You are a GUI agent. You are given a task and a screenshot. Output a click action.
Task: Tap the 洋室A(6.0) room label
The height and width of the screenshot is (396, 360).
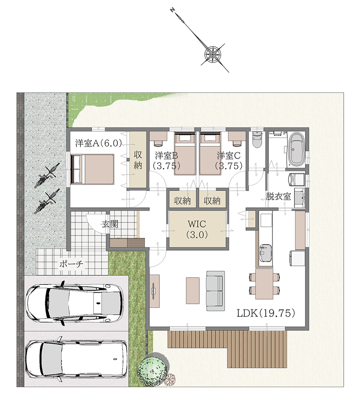point(99,143)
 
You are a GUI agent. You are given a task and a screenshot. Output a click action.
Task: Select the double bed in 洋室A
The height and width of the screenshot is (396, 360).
point(93,169)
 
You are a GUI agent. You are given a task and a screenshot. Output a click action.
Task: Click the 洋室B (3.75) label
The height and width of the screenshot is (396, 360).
point(167,160)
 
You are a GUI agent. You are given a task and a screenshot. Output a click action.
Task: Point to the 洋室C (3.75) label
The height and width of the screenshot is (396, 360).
point(229,160)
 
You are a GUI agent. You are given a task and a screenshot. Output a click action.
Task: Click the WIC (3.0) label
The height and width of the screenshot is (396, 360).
point(197,229)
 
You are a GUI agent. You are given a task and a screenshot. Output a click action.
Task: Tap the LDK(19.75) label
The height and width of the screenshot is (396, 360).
point(266,314)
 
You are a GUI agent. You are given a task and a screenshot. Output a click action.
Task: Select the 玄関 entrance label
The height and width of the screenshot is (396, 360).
point(110,224)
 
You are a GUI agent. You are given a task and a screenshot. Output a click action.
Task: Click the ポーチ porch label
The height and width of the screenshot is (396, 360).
point(71,265)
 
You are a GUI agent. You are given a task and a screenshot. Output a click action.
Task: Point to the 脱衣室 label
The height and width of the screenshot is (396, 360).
point(278,196)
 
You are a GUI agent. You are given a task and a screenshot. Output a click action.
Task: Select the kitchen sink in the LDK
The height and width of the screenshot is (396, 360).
point(265,253)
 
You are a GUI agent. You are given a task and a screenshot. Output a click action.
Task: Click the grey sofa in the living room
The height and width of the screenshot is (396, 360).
point(216,291)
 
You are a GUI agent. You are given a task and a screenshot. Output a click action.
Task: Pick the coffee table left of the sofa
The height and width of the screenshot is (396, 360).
point(193,291)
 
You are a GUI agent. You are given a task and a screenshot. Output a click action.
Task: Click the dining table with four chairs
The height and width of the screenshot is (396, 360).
point(264,284)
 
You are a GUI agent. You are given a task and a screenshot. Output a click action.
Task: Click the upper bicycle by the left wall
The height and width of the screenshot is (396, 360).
point(47,175)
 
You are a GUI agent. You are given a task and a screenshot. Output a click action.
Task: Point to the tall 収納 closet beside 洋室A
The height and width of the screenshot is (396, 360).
point(138,159)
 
